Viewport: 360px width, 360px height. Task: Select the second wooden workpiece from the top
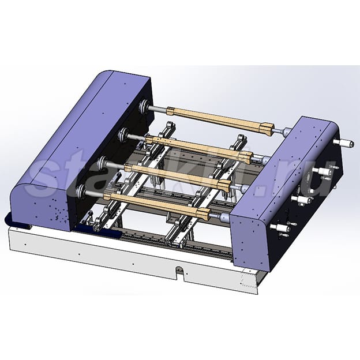tap(199, 147)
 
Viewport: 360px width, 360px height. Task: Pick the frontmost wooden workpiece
tap(156, 204)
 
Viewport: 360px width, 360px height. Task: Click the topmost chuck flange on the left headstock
tap(144, 107)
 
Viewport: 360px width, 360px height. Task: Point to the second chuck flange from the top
tap(122, 135)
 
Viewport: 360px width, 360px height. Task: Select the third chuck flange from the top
tap(102, 163)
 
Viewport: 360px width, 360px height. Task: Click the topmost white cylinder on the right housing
tap(344, 143)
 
